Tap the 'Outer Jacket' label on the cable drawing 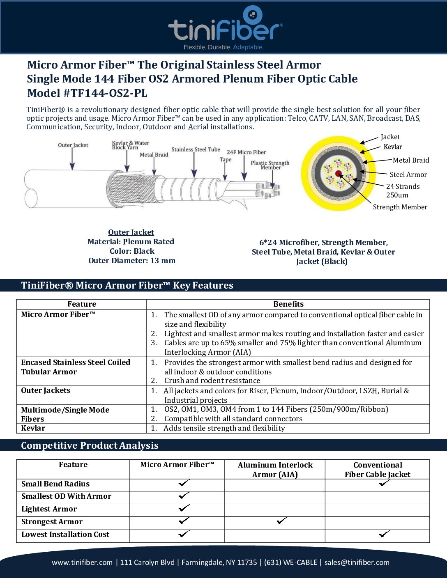tap(73, 145)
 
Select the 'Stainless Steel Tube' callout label tap(196, 149)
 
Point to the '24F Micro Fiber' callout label tap(246, 152)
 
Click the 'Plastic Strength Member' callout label tap(270, 165)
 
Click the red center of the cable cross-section tap(339, 174)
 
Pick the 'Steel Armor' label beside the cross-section tap(408, 174)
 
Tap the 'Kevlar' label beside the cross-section tap(393, 147)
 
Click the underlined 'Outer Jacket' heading tap(131, 232)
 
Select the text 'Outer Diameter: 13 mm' tap(132, 261)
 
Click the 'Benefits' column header tap(288, 304)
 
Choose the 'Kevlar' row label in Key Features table tap(33, 428)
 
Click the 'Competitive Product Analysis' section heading tap(90, 445)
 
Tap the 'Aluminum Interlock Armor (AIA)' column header tap(275, 470)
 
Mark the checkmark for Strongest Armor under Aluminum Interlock tap(282, 521)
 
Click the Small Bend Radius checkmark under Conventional tap(385, 483)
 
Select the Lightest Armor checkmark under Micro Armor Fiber tap(184, 508)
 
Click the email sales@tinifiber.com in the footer tap(357, 562)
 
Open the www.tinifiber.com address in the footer tap(82, 562)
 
